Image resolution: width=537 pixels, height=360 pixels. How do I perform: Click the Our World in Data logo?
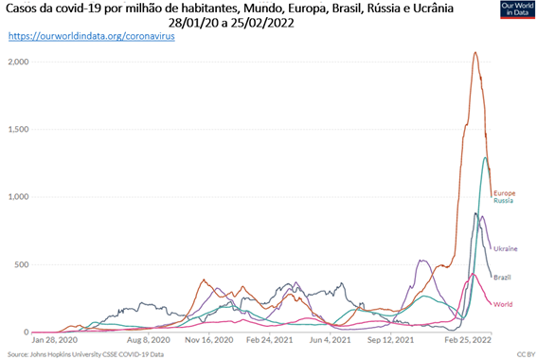click(x=517, y=9)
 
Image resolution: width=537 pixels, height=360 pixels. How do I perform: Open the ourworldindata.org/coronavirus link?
click(x=92, y=36)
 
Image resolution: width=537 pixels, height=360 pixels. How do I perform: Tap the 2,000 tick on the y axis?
click(x=19, y=62)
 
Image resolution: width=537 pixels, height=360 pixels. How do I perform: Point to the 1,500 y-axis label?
click(x=19, y=130)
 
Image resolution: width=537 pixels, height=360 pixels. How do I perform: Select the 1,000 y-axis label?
click(x=19, y=197)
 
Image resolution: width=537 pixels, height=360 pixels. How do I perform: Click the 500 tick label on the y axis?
click(x=22, y=264)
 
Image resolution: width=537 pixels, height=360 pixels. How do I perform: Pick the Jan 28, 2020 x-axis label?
click(x=54, y=340)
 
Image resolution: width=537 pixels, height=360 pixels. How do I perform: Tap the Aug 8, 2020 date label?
click(x=149, y=340)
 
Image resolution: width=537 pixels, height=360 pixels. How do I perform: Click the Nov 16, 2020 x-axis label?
click(x=209, y=340)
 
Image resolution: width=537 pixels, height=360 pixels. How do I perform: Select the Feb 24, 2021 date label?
click(x=270, y=340)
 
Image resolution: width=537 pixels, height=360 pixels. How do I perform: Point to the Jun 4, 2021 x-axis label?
click(x=331, y=340)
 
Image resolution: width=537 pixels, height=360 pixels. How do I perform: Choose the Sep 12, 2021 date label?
click(x=390, y=340)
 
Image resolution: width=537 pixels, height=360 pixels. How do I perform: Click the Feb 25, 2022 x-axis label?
click(x=468, y=340)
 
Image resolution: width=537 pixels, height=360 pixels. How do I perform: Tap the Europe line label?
click(x=505, y=193)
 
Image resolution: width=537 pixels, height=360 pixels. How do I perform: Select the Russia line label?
click(x=504, y=201)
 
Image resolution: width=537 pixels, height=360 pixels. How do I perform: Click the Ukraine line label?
click(x=506, y=249)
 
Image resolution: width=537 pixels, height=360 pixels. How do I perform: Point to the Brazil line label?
click(x=502, y=278)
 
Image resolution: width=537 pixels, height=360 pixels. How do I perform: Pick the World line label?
click(x=503, y=304)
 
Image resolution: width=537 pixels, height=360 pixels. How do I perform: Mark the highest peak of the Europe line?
click(x=475, y=52)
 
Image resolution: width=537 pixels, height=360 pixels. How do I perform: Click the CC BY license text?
click(x=526, y=354)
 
